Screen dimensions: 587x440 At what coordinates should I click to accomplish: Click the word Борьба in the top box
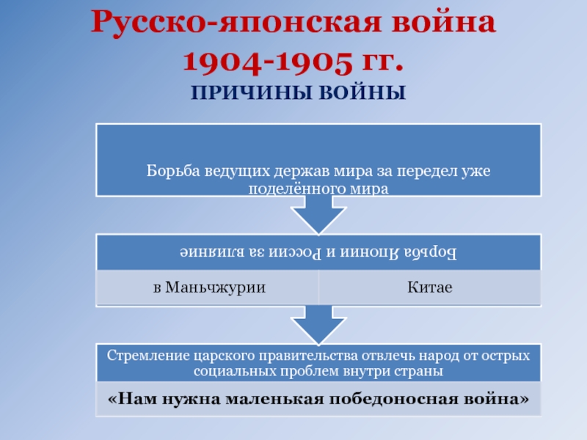167,171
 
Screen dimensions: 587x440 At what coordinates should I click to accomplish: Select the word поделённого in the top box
286,188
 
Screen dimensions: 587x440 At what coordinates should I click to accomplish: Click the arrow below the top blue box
319,216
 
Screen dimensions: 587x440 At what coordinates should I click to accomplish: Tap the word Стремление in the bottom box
144,356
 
